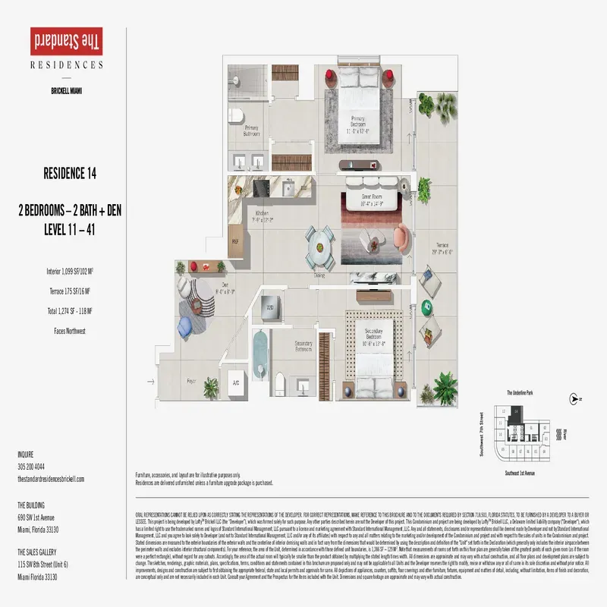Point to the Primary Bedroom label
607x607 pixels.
[x=358, y=126]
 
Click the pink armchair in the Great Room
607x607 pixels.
[x=401, y=241]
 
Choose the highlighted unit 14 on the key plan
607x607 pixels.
[x=517, y=411]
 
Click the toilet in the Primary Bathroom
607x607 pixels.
[x=237, y=115]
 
